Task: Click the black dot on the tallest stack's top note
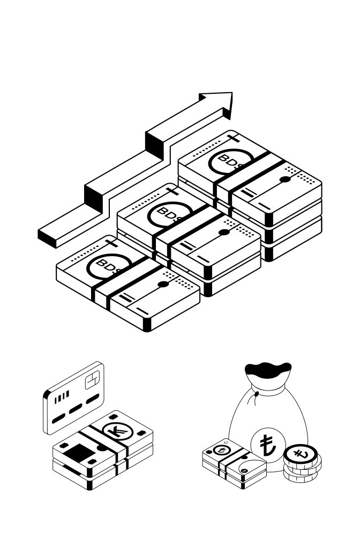[x=286, y=180]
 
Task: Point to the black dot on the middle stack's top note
[x=225, y=232]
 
